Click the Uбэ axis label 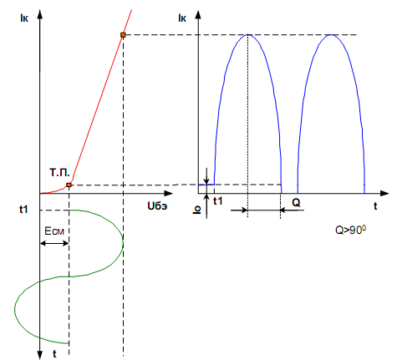click(157, 205)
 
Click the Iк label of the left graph click(24, 18)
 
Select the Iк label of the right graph click(182, 18)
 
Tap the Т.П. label click(59, 173)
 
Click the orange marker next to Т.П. click(69, 185)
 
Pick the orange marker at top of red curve click(123, 35)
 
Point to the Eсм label click(54, 231)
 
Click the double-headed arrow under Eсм click(54, 243)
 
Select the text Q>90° click(351, 230)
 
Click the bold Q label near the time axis click(296, 203)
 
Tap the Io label click(196, 210)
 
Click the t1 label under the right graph click(218, 201)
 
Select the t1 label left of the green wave click(23, 210)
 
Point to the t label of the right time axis click(375, 206)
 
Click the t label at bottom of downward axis click(54, 354)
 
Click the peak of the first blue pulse click(247, 34)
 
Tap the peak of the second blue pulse click(331, 34)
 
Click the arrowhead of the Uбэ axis click(169, 193)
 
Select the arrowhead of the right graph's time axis click(384, 193)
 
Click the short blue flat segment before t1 click(206, 185)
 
